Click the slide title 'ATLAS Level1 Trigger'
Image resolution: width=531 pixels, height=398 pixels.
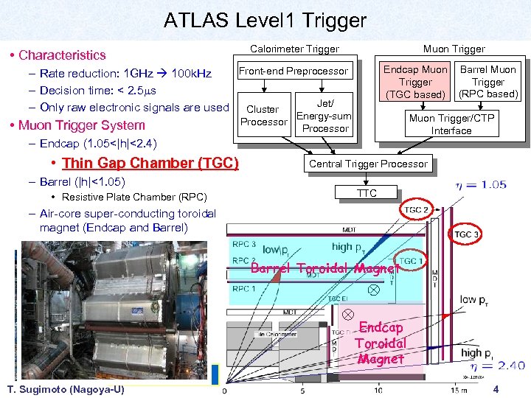(x=265, y=20)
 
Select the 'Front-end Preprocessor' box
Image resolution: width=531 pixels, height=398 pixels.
(x=293, y=71)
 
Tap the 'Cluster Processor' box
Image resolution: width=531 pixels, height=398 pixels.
(x=262, y=116)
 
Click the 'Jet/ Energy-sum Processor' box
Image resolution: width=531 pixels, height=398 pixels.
(x=324, y=116)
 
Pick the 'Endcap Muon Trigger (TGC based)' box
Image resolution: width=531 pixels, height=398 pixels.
(x=414, y=82)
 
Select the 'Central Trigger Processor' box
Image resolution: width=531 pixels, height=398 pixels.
(x=367, y=164)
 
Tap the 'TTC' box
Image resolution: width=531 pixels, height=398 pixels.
(x=367, y=193)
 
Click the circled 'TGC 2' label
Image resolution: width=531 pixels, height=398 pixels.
(x=415, y=210)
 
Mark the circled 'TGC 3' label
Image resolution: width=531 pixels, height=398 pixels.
(x=466, y=234)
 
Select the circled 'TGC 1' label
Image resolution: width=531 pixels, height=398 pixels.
(x=411, y=261)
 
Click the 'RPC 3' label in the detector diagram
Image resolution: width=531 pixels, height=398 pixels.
(x=245, y=244)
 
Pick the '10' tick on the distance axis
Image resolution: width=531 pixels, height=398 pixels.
(x=378, y=390)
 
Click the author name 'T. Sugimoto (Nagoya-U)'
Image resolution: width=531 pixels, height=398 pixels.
(x=65, y=389)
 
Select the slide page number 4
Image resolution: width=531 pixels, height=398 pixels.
(x=496, y=388)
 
